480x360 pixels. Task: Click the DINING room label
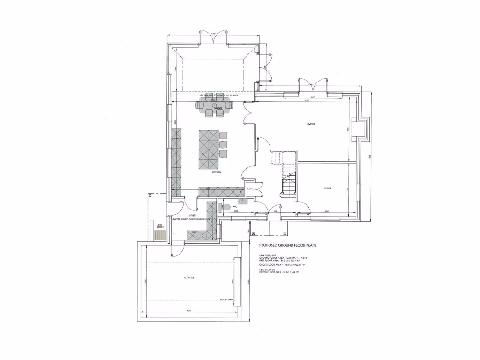tap(217, 108)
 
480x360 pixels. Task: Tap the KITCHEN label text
tap(216, 172)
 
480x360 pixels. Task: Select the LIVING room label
tap(310, 124)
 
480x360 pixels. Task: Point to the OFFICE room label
tap(328, 188)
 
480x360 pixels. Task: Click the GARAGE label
tap(189, 277)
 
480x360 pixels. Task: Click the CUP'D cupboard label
tap(250, 188)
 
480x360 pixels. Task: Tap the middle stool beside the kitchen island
tap(223, 144)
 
